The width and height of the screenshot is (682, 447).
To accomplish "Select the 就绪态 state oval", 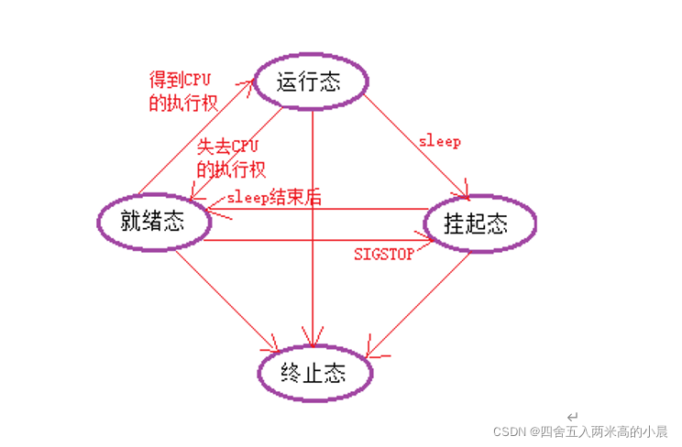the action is pos(152,222).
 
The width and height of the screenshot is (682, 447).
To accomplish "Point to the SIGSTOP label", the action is pos(383,253).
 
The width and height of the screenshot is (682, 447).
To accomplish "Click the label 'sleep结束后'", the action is pos(273,198).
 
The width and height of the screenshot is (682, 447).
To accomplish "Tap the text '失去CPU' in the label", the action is pos(229,147).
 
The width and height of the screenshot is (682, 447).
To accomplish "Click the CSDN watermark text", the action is pos(581,431).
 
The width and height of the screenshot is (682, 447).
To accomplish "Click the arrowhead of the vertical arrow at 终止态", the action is pos(314,339).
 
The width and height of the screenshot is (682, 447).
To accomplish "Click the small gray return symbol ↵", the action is pos(572,415).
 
